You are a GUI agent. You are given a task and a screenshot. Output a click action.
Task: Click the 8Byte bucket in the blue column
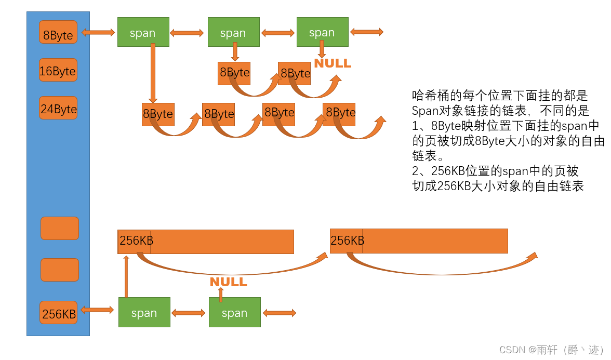click(x=58, y=32)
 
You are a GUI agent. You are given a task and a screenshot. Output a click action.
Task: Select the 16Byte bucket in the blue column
click(x=58, y=70)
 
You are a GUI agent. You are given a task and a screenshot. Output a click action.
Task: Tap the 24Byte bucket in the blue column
click(x=58, y=108)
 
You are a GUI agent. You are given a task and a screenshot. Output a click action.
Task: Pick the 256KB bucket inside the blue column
click(x=59, y=313)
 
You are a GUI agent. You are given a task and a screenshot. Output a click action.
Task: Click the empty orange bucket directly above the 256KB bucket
click(x=60, y=270)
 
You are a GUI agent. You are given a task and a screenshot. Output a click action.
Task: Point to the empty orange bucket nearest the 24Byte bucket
click(x=60, y=228)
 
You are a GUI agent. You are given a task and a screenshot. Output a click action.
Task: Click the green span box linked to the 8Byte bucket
click(x=143, y=32)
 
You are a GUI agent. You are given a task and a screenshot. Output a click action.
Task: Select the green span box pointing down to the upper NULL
click(x=322, y=32)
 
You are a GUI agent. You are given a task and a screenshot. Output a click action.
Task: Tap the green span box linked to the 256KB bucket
click(x=144, y=312)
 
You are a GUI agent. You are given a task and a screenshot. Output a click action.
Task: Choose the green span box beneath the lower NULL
click(x=234, y=312)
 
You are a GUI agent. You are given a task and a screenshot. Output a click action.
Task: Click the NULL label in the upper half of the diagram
click(x=333, y=63)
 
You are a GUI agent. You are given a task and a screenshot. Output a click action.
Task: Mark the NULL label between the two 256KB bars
click(x=228, y=282)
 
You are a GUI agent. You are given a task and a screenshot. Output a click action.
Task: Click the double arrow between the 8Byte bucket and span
click(x=98, y=32)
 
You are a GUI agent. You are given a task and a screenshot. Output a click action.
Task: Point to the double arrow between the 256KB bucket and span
click(x=97, y=310)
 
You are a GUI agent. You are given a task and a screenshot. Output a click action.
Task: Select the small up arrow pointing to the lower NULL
click(x=221, y=295)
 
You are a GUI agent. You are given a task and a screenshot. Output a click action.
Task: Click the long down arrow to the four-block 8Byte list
click(x=153, y=73)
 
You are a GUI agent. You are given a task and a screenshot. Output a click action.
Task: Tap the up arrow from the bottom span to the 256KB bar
click(x=126, y=275)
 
